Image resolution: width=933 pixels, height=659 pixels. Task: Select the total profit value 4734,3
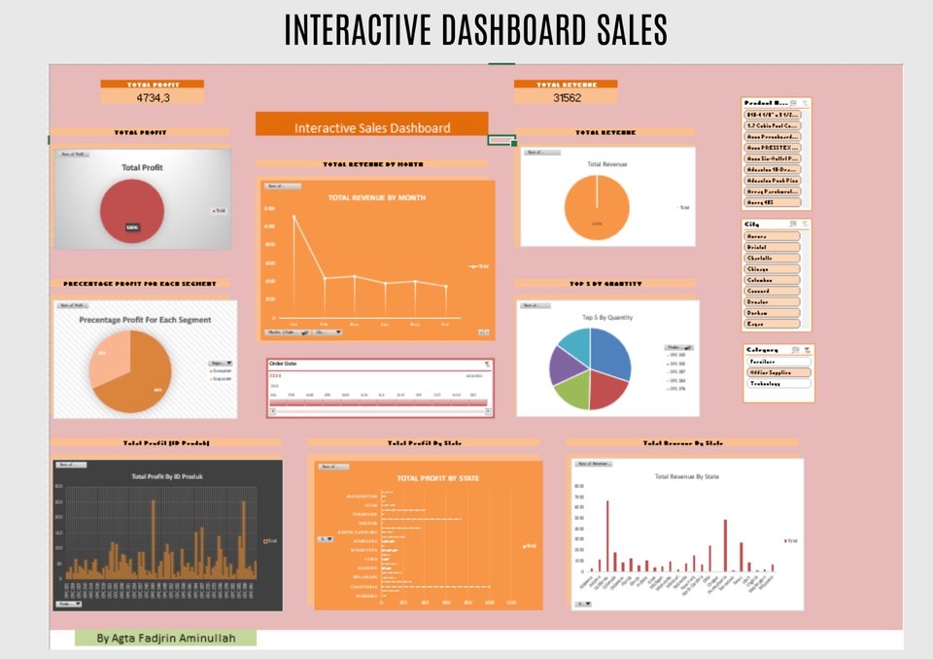coord(152,97)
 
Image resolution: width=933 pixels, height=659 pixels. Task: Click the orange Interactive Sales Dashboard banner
coord(371,127)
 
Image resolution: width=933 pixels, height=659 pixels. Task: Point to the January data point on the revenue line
coord(294,216)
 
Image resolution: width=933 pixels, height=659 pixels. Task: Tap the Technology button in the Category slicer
coord(777,383)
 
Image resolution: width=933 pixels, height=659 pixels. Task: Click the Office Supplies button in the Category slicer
coord(777,372)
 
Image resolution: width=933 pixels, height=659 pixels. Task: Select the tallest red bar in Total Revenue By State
coord(607,536)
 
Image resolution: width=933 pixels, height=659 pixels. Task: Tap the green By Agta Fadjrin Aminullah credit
coord(165,638)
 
